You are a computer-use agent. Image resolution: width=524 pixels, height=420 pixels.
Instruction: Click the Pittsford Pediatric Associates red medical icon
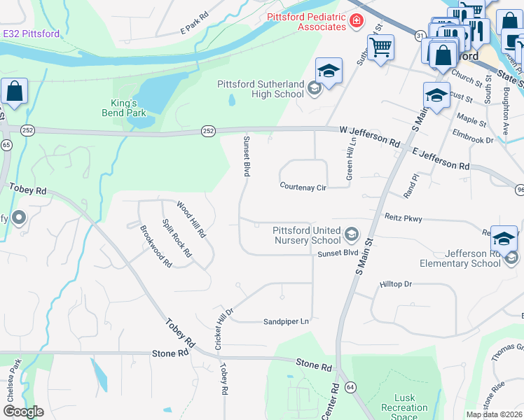[357, 22]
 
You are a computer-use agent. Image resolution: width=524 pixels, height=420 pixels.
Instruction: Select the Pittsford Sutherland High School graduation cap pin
[328, 71]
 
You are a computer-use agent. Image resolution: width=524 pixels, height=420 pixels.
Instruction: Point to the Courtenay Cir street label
[303, 187]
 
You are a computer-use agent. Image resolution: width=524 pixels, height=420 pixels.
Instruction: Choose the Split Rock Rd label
[177, 238]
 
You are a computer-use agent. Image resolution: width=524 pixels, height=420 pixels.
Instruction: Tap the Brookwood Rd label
[156, 246]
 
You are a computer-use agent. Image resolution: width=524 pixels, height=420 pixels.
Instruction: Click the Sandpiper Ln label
[286, 321]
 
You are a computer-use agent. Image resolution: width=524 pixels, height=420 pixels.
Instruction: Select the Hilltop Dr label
[396, 284]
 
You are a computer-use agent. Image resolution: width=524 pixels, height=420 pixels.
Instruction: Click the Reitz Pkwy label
[404, 219]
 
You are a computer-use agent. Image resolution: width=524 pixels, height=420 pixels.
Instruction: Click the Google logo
[23, 412]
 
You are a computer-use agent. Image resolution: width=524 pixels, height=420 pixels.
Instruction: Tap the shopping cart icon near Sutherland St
[380, 48]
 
